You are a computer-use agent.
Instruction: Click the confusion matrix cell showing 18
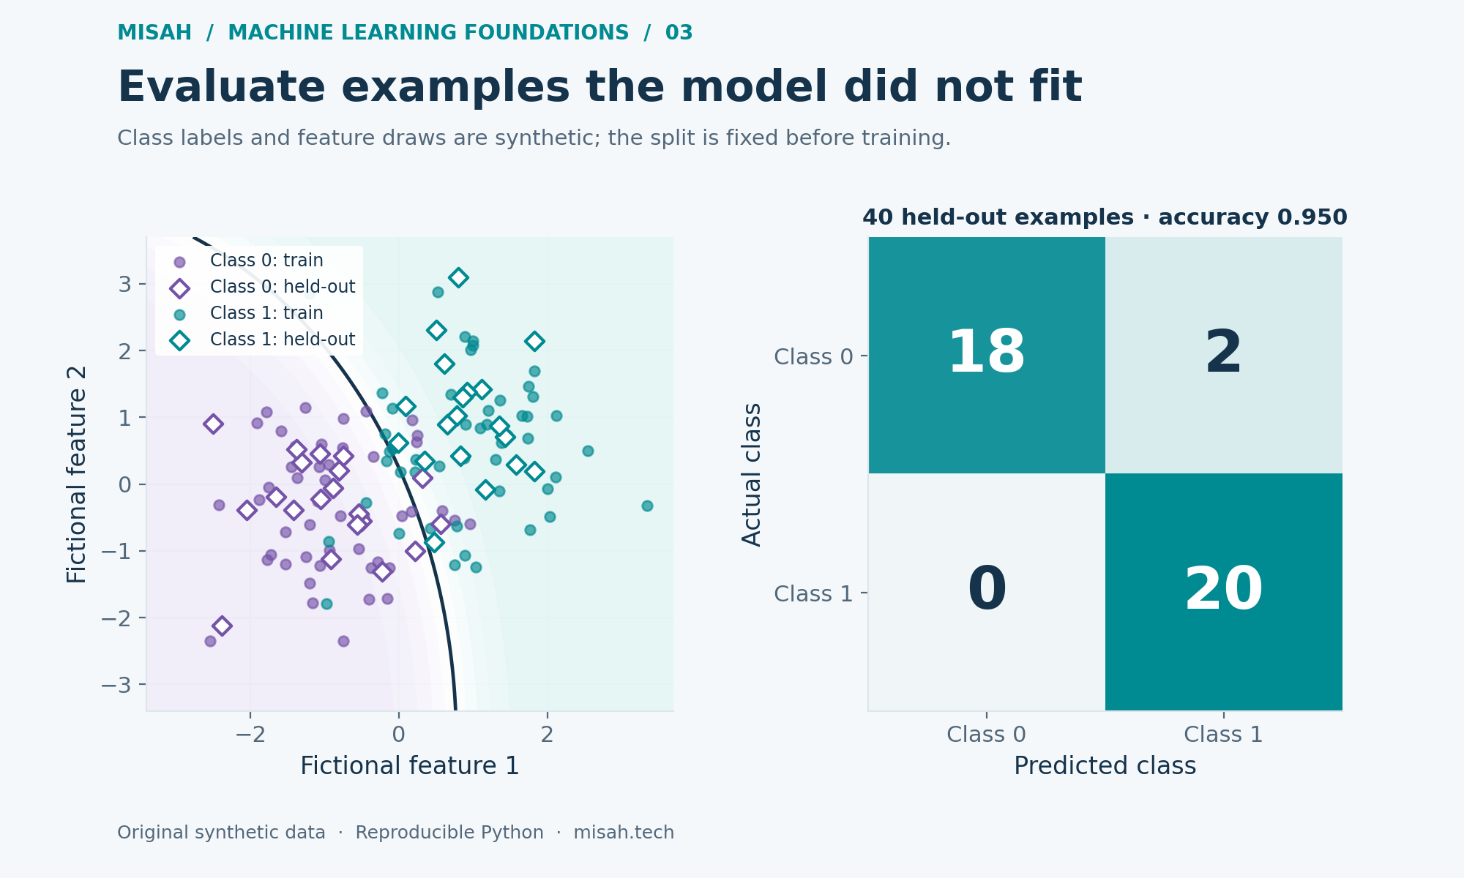987,355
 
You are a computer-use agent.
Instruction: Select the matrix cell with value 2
1224,355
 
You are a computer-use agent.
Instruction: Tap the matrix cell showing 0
987,592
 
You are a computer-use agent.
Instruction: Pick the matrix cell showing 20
1224,592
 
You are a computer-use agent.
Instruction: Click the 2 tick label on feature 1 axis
547,735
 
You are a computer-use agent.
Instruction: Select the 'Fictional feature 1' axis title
410,766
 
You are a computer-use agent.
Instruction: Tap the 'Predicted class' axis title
1105,766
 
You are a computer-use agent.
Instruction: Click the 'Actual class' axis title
752,474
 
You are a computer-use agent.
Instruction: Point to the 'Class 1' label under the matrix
1224,735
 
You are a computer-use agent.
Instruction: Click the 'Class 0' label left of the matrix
813,357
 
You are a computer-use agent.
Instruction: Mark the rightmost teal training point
647,506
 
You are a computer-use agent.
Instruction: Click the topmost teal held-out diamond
458,277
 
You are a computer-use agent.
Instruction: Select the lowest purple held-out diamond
222,626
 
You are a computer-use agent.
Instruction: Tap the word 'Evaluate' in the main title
221,88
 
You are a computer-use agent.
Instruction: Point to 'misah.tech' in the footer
624,833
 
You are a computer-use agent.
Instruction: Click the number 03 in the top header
679,33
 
